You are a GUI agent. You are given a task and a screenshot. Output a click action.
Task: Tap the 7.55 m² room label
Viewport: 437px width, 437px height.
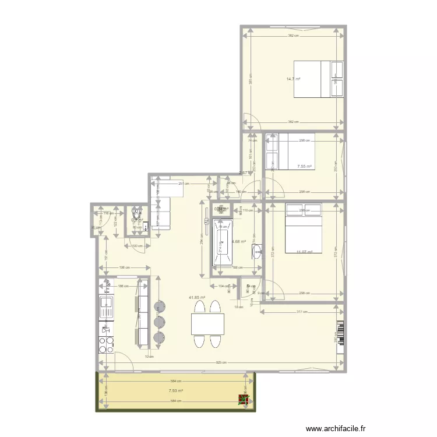pos(304,166)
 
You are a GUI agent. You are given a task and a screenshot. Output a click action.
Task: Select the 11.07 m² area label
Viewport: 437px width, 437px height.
pos(304,252)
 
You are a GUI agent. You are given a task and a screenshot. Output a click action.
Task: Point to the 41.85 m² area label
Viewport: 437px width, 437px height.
pos(196,297)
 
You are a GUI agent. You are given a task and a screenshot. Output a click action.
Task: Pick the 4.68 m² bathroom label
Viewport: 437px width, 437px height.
pos(238,242)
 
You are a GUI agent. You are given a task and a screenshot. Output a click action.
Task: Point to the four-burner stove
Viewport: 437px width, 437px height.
pos(107,345)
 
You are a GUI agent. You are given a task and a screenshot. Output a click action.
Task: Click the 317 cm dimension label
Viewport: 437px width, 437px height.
pos(302,312)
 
